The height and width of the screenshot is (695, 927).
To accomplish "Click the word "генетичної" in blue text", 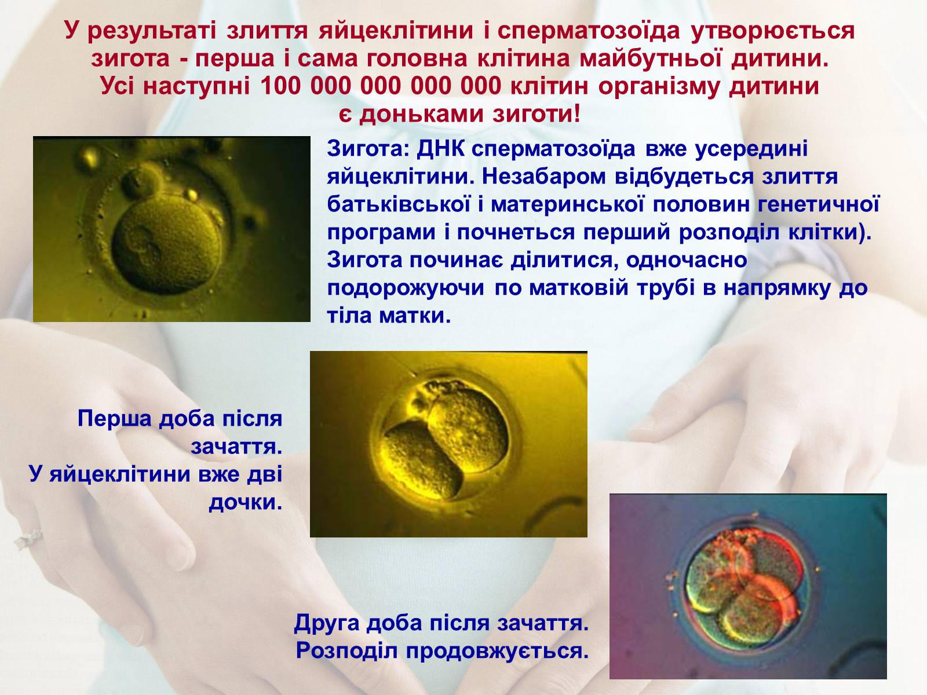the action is click(x=819, y=204).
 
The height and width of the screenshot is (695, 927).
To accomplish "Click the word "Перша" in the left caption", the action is click(x=115, y=419).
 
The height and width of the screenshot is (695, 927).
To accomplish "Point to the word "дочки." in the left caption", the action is click(x=246, y=502).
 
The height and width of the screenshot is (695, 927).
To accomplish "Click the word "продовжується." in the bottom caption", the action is click(x=497, y=651).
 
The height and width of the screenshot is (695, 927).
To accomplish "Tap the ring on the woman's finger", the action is click(x=30, y=539).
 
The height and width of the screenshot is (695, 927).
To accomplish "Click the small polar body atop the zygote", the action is click(x=143, y=180).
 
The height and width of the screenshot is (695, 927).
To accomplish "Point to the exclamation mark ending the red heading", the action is click(x=577, y=114).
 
